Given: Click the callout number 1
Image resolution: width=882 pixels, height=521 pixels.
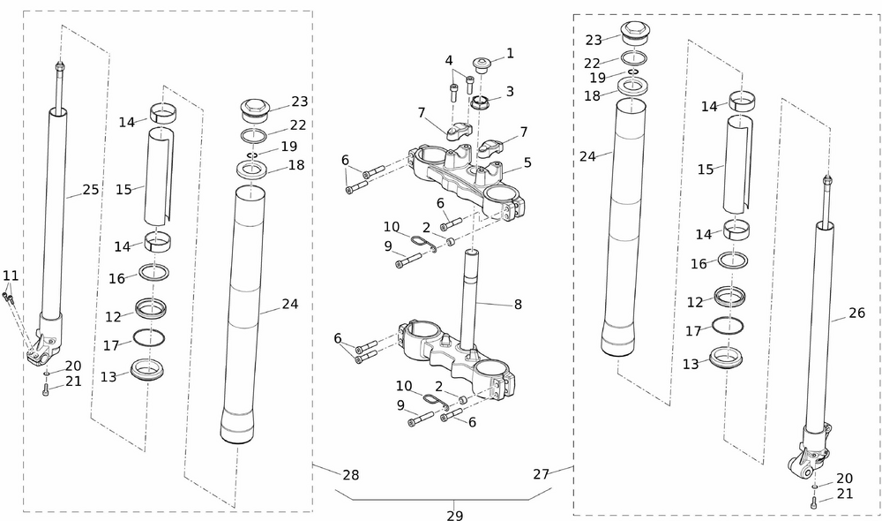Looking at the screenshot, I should tap(510, 54).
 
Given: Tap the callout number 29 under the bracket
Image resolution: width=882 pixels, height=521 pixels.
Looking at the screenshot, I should tap(454, 515).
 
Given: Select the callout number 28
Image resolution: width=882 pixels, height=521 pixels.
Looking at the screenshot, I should tap(351, 475).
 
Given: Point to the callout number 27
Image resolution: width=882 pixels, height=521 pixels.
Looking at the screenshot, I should tap(542, 474).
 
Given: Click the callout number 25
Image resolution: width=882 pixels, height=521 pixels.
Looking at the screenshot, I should tap(91, 189).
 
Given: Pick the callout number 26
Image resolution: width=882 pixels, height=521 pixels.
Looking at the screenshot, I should tap(856, 313).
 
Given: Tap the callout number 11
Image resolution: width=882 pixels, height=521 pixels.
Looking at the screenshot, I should tap(11, 276).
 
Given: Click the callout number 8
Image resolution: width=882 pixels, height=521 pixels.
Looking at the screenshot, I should tap(518, 305).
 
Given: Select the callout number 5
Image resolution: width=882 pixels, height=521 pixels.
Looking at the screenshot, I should tap(527, 162).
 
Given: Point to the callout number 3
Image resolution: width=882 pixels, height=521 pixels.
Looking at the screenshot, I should tap(510, 91).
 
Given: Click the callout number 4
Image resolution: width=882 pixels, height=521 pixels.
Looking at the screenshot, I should tap(449, 61).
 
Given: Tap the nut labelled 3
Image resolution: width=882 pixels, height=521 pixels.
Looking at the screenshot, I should tap(480, 102).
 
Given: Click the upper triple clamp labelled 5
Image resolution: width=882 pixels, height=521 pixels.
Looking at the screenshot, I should tap(463, 177).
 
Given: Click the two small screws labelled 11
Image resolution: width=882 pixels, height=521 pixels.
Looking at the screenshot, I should tap(9, 298).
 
